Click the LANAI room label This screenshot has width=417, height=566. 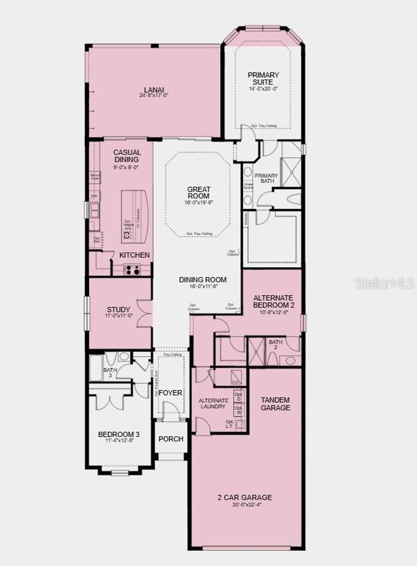click(154, 90)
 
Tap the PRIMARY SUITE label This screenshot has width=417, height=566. click(263, 78)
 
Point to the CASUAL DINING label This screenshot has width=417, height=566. click(127, 156)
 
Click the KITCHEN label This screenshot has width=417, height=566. click(134, 255)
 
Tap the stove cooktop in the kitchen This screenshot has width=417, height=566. click(132, 269)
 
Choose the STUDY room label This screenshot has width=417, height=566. click(119, 310)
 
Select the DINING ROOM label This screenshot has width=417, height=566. click(203, 280)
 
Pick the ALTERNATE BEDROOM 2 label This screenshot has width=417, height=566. click(273, 302)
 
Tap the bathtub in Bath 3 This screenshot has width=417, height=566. click(96, 368)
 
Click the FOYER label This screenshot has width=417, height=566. click(170, 393)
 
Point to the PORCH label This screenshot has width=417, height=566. click(171, 439)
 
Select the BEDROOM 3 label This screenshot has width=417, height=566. click(119, 434)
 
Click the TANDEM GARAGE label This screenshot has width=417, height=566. click(276, 404)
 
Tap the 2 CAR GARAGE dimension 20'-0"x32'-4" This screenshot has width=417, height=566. click(244, 504)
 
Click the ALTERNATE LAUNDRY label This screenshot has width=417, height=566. click(213, 403)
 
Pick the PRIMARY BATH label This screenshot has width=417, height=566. click(266, 178)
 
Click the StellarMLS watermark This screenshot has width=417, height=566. click(385, 283)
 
